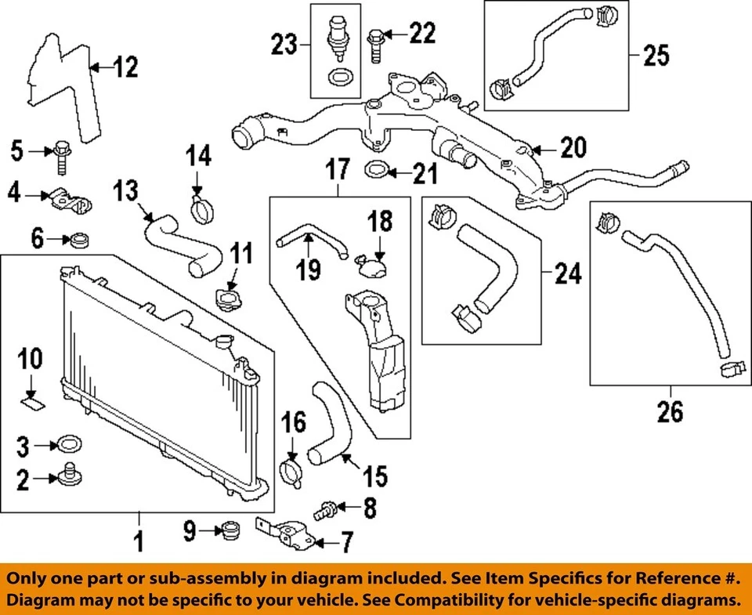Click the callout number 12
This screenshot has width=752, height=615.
(124, 69)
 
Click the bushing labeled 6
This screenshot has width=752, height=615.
(79, 239)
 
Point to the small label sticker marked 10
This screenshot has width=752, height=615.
(32, 403)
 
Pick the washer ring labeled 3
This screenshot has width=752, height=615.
(67, 446)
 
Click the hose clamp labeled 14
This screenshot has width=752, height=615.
(202, 209)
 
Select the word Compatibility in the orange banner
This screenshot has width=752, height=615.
(486, 601)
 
